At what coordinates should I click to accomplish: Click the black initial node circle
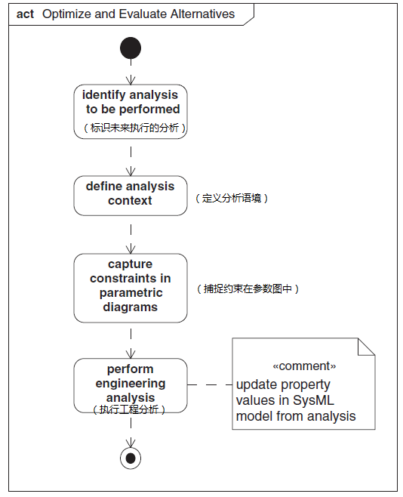131,48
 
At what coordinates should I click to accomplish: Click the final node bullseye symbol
131,458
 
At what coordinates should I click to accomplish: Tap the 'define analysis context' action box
131,195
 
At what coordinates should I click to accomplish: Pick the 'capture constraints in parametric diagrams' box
131,287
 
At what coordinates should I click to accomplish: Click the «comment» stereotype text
303,366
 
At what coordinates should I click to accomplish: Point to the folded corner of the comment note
365,347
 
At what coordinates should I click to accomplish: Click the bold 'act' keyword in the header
25,14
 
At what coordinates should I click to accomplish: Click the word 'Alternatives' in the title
201,14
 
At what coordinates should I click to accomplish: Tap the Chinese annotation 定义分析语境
232,199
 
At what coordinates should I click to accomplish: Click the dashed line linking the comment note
209,385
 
